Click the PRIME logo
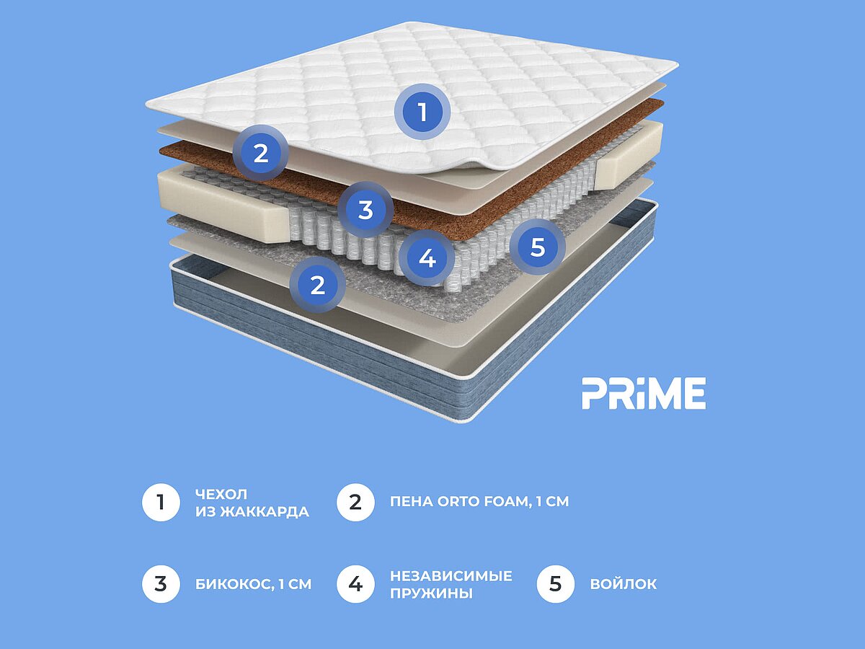coord(644,393)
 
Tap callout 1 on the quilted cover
coord(423,112)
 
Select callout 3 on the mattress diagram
coord(366,209)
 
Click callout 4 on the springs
coord(427,259)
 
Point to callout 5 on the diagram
coord(538,247)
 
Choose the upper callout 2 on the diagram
coord(260,153)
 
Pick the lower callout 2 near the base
coord(318,285)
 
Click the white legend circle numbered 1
coord(161,503)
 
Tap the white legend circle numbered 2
coord(355,503)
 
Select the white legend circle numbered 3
coord(161,584)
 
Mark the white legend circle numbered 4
coord(355,584)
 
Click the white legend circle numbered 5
coord(555,584)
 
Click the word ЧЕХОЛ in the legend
coord(221,494)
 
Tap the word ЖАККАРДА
coord(265,512)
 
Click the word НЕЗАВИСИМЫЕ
coord(451,575)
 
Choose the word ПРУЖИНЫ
coord(431,593)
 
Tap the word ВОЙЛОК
coord(624,584)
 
